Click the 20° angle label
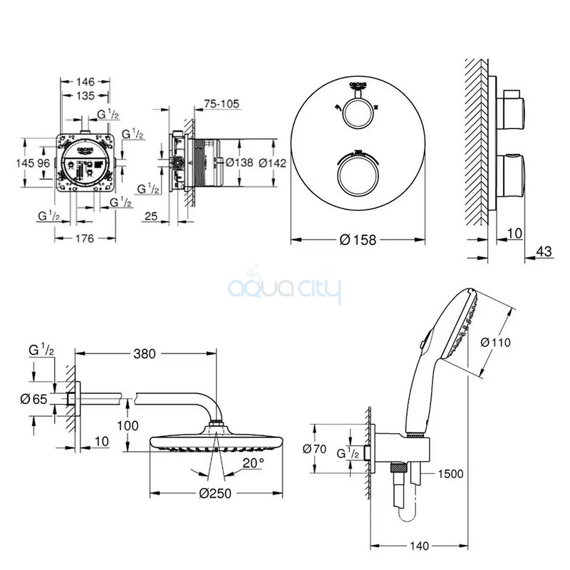pos(253,462)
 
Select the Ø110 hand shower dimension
pos(496,343)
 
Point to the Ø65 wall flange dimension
pos(34,399)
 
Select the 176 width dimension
pos(85,239)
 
